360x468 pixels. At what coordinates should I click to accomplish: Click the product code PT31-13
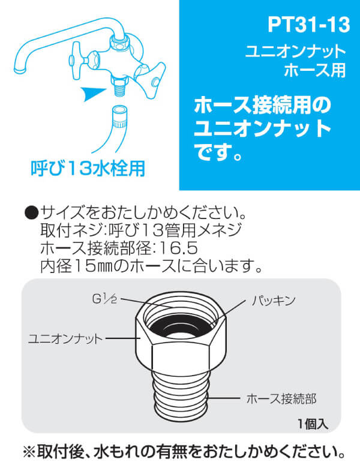[308, 25]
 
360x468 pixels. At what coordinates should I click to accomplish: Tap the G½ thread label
[104, 299]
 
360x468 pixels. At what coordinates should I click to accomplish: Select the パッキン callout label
[274, 301]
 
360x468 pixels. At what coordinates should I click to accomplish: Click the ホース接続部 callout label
[281, 398]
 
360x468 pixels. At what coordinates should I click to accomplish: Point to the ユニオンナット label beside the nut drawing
[65, 339]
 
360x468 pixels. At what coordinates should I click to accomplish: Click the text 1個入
[313, 424]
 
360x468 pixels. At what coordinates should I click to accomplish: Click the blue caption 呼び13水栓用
[88, 168]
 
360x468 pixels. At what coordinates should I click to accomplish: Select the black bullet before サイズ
[32, 213]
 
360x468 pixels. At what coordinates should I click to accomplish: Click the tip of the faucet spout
[20, 70]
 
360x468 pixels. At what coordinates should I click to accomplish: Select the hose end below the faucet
[119, 117]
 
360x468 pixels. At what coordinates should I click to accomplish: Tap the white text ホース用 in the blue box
[315, 70]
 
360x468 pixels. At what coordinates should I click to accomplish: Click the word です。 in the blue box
[219, 152]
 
